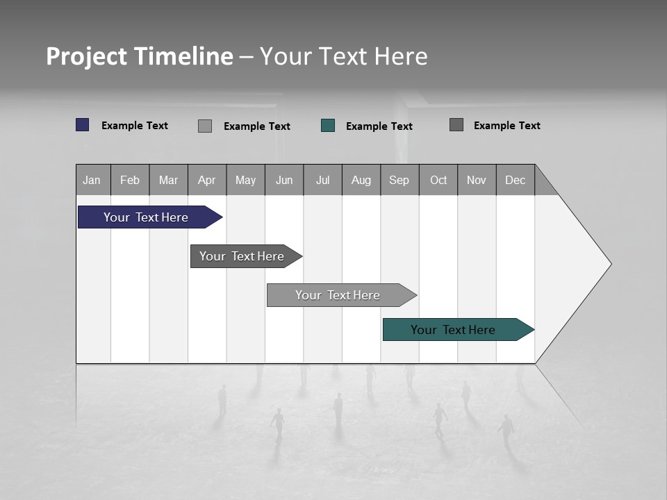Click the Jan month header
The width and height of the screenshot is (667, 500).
pos(92,180)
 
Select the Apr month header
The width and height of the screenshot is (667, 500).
pos(207,180)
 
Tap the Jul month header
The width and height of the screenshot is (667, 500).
pos(322,180)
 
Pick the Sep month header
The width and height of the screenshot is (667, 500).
pos(400,180)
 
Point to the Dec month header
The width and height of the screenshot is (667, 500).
pos(515,180)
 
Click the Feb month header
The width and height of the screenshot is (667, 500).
pos(130,180)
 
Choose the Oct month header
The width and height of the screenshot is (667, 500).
pos(438,180)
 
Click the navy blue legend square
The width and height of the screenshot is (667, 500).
pos(83,125)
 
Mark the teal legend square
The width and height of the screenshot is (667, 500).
pos(328,126)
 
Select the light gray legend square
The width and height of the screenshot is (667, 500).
pos(205,126)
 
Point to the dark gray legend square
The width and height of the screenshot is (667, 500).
pos(456,125)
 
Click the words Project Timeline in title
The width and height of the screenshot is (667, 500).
pos(140,56)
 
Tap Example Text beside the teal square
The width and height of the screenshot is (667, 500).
pos(379,126)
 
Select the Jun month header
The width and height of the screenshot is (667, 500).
pos(284,180)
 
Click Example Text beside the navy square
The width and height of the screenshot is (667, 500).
pos(135,126)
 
